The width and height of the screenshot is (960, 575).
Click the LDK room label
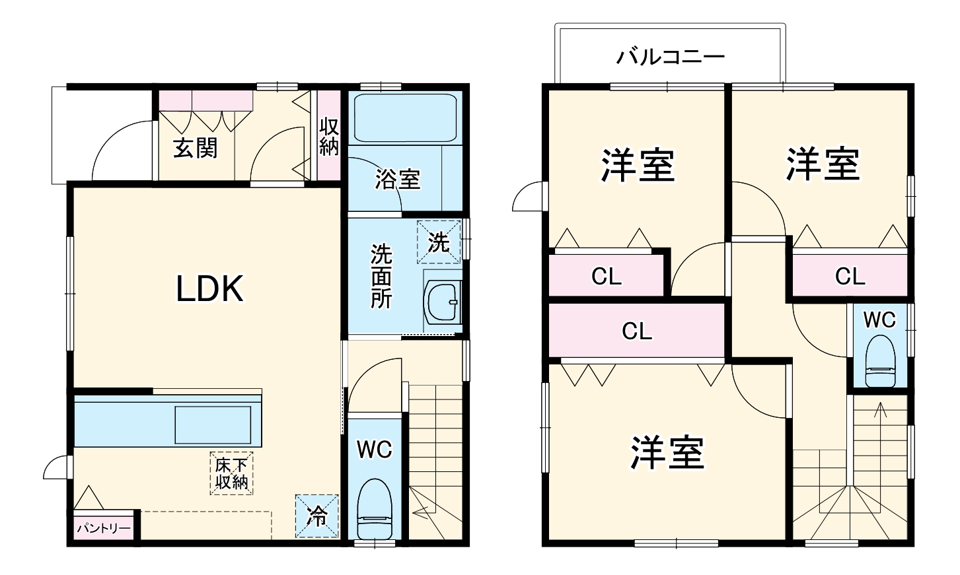point(210,288)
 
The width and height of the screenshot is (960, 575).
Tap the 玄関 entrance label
point(195,148)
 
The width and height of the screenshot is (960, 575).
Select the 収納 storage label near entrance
point(328,137)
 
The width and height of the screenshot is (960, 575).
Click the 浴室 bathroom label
point(397,180)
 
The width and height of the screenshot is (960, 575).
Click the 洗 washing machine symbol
point(439,242)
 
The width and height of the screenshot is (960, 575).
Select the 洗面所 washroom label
point(381,276)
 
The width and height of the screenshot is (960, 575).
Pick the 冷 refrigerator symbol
point(317,516)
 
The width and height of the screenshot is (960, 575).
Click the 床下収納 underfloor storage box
point(231,473)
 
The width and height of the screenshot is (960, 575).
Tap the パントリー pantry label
point(103,529)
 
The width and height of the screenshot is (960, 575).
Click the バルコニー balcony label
point(671,57)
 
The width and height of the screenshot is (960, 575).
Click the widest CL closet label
point(637,331)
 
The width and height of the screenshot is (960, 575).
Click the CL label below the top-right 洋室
point(850,276)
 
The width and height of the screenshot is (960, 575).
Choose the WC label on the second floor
point(879,320)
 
